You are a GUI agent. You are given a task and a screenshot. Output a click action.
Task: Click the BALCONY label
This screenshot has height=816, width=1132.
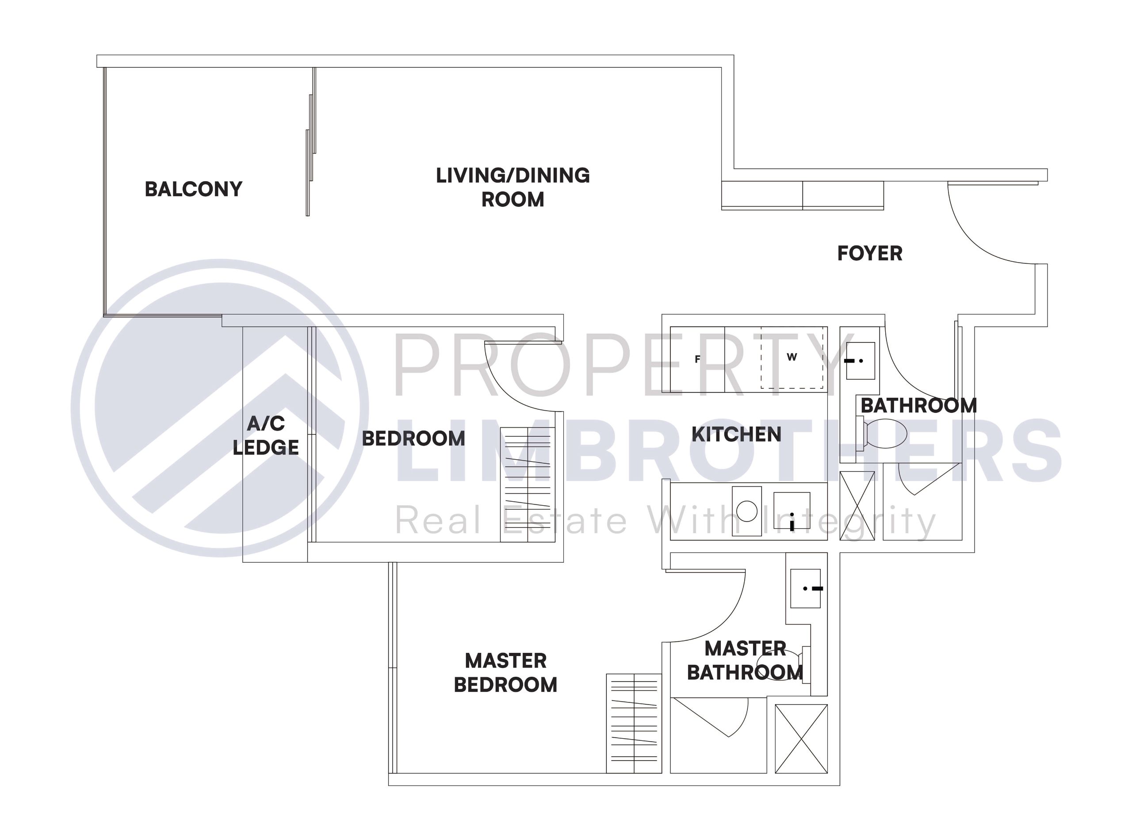pos(193,189)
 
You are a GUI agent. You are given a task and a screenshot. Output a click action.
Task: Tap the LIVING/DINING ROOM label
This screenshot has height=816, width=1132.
pos(512,187)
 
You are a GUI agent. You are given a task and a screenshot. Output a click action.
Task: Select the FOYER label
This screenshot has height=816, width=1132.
pos(869,254)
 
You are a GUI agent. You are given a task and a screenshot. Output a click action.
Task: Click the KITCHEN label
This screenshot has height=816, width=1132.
pos(736,434)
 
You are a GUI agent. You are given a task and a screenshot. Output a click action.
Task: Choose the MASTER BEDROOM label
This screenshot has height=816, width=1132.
pos(505,672)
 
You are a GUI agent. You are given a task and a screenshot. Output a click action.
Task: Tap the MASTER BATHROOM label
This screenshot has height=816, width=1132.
pos(745,660)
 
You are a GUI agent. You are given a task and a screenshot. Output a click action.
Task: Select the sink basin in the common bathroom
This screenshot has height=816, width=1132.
pos(860,360)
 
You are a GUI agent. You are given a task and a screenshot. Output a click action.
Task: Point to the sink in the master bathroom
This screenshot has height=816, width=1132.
pos(805,588)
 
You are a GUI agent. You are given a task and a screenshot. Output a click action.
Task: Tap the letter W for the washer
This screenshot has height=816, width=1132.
pos(792,357)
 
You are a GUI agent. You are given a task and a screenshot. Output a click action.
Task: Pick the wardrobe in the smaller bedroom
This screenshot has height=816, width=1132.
pos(528,484)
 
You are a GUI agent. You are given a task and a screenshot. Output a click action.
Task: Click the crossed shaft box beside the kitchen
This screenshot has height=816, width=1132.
pos(857,506)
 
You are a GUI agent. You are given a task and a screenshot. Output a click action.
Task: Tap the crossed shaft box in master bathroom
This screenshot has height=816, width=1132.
pos(801,739)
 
